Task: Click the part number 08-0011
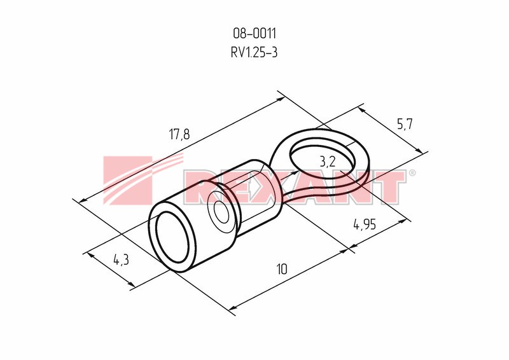pos(254,34)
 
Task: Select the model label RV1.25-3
pos(254,52)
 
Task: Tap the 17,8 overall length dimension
pos(179,134)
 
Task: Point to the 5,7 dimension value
pos(405,123)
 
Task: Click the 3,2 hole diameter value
pos(328,162)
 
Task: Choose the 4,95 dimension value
pos(365,225)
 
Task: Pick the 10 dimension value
pos(282,269)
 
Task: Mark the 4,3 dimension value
pos(121,260)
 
